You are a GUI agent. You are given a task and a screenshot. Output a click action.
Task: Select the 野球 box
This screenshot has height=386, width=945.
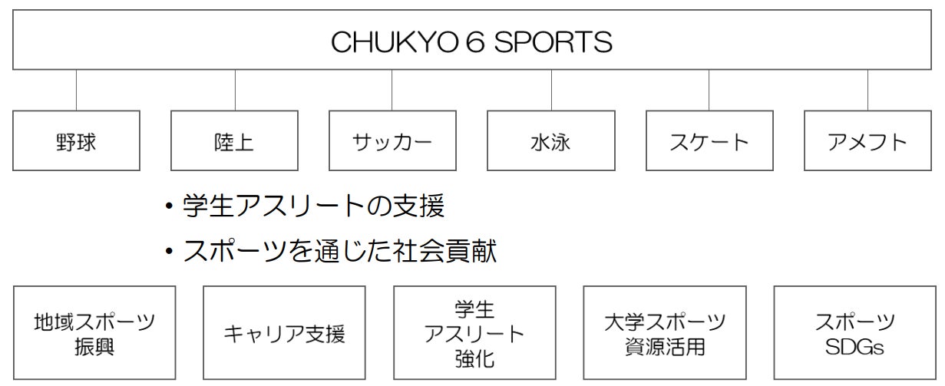point(77,141)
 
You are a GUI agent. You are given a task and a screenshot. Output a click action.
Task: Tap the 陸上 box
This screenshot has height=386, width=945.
point(234,141)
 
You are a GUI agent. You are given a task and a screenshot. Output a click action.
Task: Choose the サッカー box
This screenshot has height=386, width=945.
point(392,141)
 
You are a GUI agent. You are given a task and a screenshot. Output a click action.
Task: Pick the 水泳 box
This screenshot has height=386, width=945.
point(551,141)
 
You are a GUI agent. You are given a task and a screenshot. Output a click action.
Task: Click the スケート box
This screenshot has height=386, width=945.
point(709,141)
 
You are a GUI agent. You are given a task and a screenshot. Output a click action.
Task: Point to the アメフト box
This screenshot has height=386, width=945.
point(867,141)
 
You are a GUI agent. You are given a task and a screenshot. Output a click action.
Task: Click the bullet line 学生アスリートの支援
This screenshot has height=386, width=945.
point(313,206)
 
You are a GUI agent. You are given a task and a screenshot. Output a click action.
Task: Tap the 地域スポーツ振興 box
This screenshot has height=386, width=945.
point(94,333)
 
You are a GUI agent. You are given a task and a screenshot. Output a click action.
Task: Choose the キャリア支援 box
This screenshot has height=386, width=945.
point(284,333)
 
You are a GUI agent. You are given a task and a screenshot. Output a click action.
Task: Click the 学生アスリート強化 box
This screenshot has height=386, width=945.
point(474,333)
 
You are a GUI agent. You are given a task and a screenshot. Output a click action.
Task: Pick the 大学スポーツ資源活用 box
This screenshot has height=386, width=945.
point(664,333)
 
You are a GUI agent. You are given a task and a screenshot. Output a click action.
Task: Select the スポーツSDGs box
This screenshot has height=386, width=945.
point(854,333)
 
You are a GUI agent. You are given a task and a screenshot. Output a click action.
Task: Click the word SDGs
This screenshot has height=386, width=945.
point(854,347)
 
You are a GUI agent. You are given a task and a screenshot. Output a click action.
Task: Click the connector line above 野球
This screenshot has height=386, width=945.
point(77,90)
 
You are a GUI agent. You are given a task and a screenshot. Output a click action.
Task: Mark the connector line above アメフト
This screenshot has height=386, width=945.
point(867,90)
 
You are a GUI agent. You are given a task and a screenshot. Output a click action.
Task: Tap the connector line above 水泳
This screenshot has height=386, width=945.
point(551,90)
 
